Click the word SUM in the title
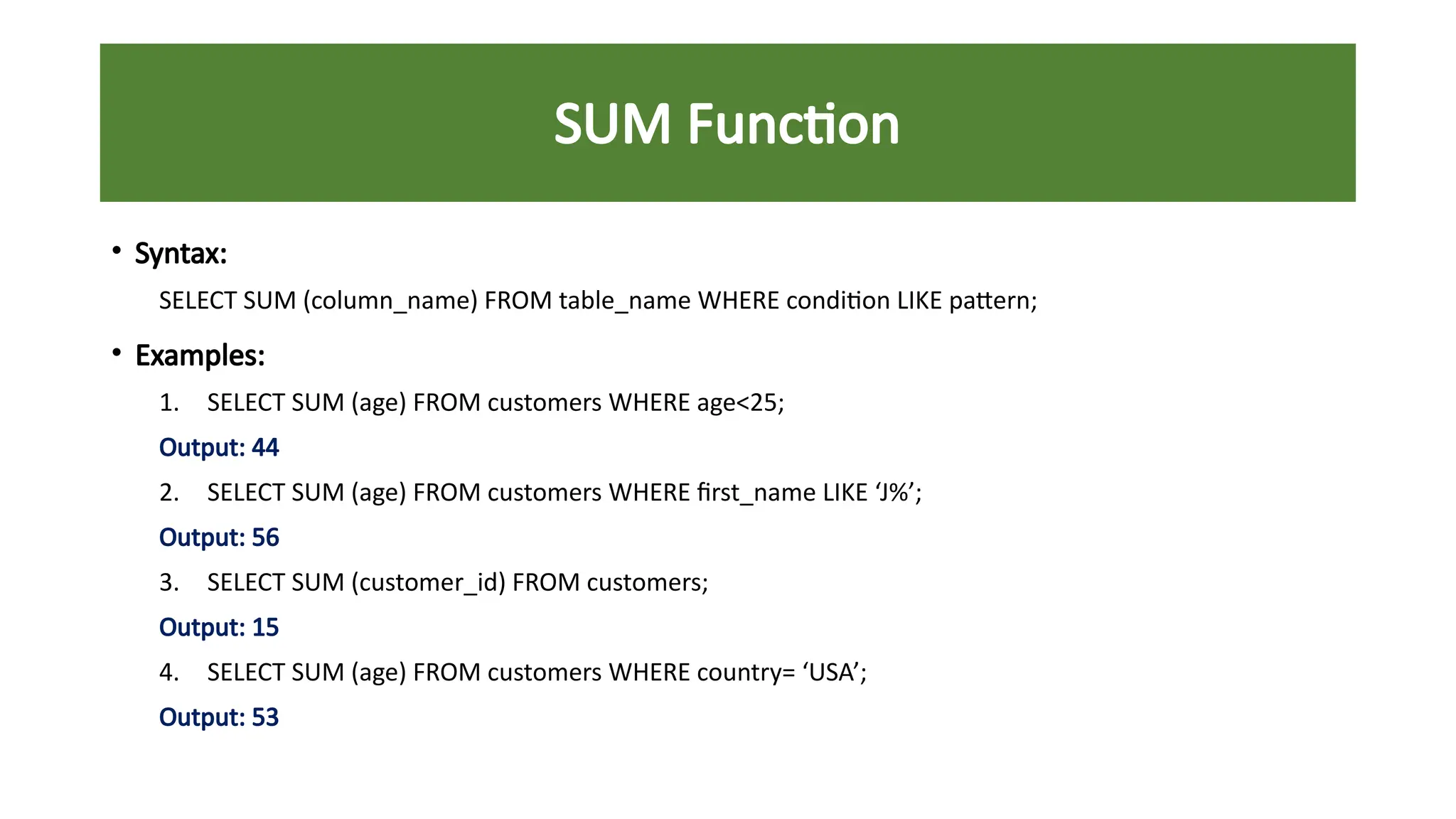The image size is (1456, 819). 612,124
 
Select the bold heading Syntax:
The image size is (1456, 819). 181,254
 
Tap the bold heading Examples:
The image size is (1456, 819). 200,355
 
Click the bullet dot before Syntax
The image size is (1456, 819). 116,250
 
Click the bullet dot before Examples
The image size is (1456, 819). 116,353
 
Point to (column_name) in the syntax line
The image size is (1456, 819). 390,301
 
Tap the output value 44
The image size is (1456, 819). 265,448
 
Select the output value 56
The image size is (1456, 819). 265,538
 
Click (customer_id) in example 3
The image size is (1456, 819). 428,583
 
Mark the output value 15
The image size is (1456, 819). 265,628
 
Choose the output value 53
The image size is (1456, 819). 265,717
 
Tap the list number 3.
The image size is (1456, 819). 168,583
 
